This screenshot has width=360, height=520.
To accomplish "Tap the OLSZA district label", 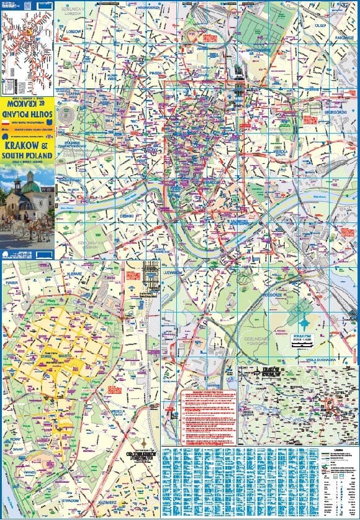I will (x=320, y=25).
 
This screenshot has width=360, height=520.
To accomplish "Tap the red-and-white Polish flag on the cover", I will (x=6, y=124).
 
